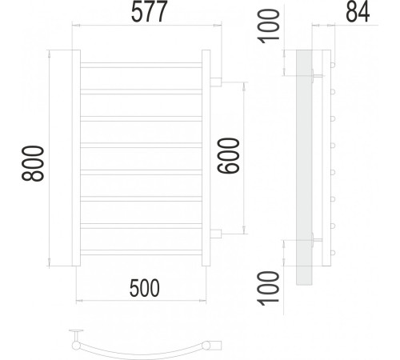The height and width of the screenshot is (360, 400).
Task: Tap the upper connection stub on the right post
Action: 216,81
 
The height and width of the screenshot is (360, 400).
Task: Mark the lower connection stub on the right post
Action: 216,234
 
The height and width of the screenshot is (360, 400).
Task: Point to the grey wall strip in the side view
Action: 304,168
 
